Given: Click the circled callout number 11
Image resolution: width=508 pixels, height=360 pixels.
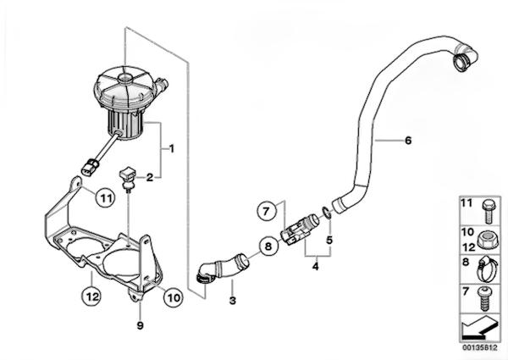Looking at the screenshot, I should click(103, 198).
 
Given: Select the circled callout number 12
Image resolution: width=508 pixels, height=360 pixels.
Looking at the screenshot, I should click(92, 296).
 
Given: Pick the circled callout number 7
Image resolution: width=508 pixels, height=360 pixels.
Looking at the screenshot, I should click(264, 208).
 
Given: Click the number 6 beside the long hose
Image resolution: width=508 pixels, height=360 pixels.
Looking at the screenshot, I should click(407, 140).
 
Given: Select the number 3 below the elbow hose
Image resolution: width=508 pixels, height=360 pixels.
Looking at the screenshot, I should click(232, 302).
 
